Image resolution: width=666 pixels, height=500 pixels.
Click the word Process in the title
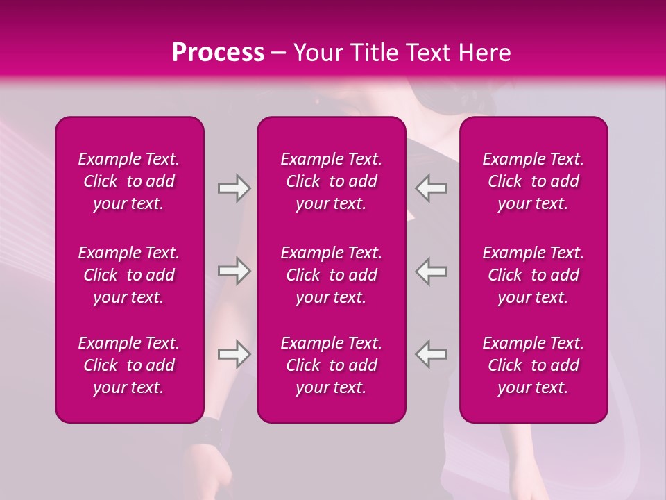218,53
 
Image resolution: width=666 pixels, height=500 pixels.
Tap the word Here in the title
484,53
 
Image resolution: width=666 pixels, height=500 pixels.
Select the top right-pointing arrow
234,188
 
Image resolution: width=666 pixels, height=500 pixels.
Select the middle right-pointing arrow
234,271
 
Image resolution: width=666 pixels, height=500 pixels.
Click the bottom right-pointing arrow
234,354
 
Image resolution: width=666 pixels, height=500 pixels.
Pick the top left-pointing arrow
432,188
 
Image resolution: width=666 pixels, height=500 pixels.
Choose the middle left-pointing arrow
432,271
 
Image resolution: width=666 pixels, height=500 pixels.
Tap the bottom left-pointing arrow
432,354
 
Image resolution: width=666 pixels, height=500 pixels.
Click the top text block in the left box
129,181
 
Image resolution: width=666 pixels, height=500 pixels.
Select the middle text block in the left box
129,275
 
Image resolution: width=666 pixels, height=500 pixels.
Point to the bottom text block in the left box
129,365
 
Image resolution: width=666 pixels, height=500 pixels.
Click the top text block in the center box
331,181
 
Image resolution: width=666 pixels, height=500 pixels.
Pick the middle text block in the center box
331,275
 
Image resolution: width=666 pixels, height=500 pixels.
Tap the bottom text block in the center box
331,365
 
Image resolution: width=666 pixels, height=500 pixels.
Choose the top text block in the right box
533,181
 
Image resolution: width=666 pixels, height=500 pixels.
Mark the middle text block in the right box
533,275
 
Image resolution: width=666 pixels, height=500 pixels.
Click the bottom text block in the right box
533,365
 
